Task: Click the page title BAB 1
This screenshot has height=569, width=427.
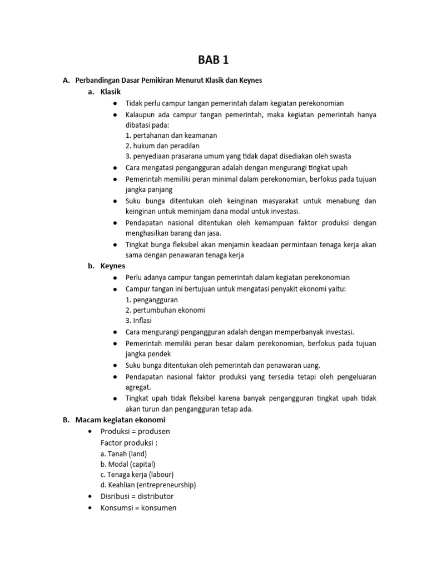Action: [213, 60]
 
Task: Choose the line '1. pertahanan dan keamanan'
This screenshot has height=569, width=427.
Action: [171, 135]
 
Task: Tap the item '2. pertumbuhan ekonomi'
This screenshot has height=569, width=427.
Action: [166, 310]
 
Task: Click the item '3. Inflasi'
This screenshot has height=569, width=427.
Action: [139, 321]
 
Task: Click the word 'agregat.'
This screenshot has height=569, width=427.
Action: [138, 387]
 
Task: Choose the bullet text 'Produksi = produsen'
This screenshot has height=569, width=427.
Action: [135, 431]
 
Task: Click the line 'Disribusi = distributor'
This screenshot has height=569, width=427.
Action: [137, 496]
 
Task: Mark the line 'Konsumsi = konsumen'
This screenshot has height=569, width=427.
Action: [138, 507]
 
